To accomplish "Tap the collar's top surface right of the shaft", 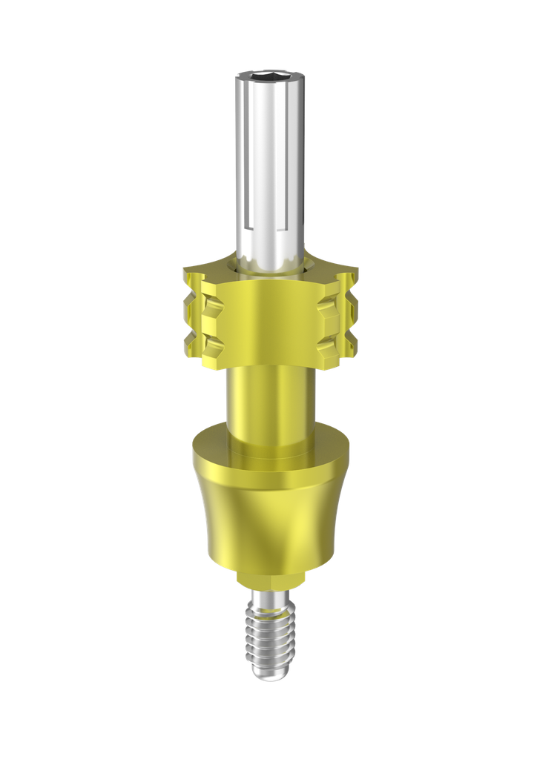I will click(330, 271).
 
